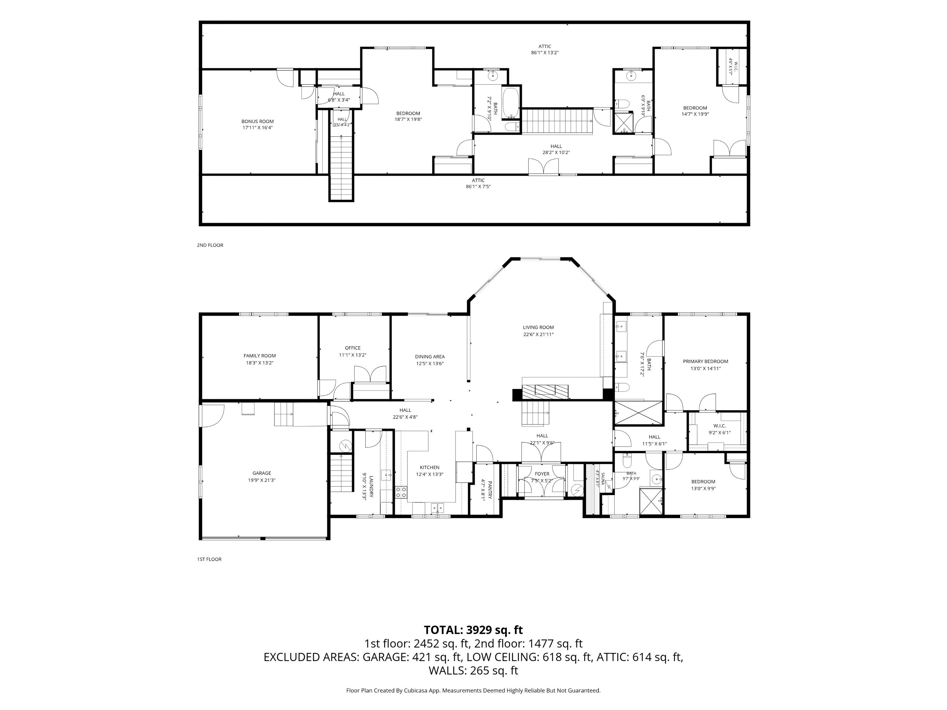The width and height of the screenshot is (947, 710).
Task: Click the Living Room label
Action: coord(538,328)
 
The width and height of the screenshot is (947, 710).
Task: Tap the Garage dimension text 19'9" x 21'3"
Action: coord(262,480)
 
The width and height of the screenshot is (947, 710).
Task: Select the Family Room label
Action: coord(259,356)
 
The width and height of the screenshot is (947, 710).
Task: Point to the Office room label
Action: coord(353,348)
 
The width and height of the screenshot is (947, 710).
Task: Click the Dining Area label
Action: coord(430,357)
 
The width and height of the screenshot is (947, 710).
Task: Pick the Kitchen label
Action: coord(429,467)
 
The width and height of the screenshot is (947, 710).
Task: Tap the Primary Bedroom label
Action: coord(706,361)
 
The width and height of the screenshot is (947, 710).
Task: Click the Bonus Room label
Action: coord(257,121)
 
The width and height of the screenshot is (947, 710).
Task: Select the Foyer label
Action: coord(542,474)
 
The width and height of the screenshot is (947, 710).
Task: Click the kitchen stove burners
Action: coord(401,492)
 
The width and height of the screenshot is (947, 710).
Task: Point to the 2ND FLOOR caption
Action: coord(210,245)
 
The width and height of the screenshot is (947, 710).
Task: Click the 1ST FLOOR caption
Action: coord(209,559)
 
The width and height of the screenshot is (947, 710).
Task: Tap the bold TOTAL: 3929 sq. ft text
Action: coord(473,630)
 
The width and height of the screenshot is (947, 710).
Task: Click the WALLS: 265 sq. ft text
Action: coord(473,670)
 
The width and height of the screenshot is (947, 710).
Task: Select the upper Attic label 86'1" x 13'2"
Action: coord(545,50)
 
